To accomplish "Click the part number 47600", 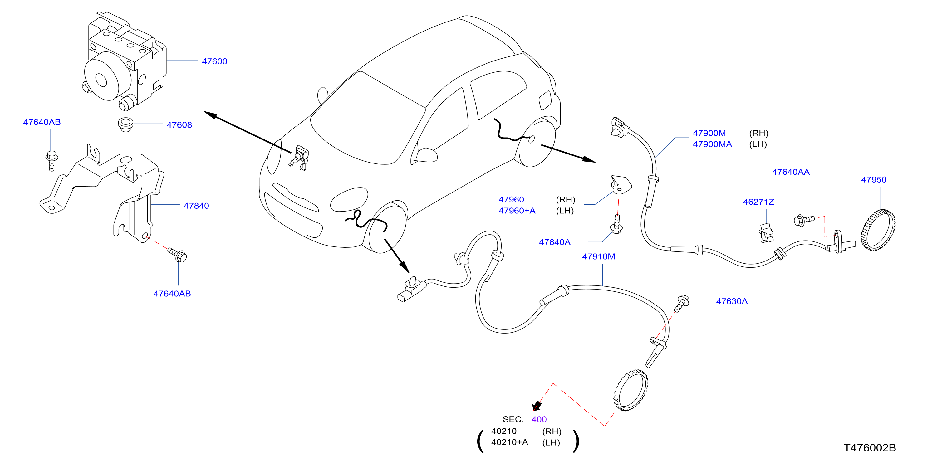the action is coord(214,61).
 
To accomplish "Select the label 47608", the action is coord(179,125).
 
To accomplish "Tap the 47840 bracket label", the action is coord(196,206).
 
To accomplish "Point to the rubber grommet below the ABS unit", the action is coord(126,124).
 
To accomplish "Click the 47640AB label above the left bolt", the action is coord(42,122).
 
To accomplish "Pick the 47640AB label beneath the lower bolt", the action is coord(172,294).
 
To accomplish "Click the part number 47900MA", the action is coord(712,144).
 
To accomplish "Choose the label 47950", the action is coord(873,180).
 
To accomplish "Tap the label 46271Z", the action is coord(758,202).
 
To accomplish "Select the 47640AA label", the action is coord(791,172).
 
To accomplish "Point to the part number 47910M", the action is coord(598,256).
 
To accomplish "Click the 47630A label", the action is coord(732,301).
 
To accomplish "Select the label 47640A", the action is coord(555,242).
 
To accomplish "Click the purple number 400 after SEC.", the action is coord(539,419).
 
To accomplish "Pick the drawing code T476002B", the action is coord(870,448).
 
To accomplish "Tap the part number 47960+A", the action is coord(517,211).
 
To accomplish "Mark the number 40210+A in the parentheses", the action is coord(509,442).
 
